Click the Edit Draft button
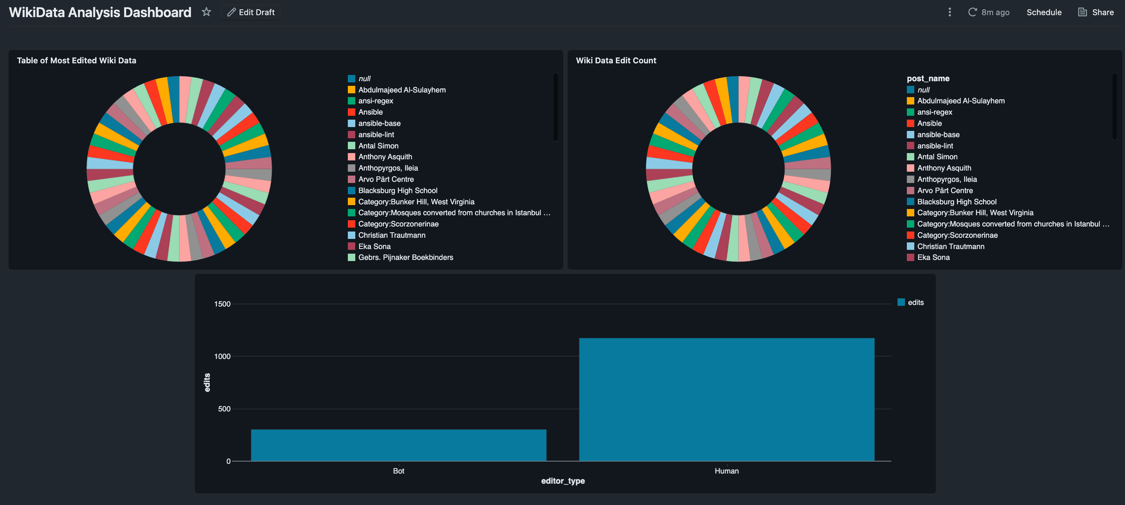(x=251, y=12)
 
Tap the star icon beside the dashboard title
(x=206, y=12)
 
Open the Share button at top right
(x=1096, y=12)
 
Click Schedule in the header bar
(x=1043, y=12)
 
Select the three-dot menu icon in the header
(x=950, y=12)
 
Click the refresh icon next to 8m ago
(x=972, y=12)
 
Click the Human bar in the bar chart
(x=726, y=399)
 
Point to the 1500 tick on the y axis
(x=222, y=304)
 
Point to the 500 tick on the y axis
(x=224, y=409)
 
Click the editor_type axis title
(x=562, y=481)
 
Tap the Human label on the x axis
(x=726, y=471)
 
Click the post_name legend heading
(x=928, y=78)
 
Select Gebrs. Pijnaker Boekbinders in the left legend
(x=405, y=257)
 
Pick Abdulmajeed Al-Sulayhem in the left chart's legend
(x=402, y=90)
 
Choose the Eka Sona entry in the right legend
(x=933, y=257)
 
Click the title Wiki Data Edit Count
(x=615, y=61)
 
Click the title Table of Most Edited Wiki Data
(x=76, y=61)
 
